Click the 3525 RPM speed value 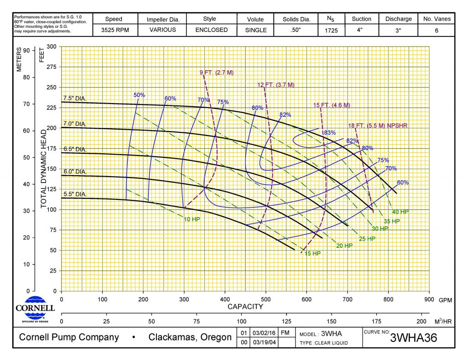tap(114, 30)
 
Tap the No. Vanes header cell tap(437, 19)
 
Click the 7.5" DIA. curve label tap(74, 98)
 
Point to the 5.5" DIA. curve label tap(74, 194)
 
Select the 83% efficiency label tap(329, 133)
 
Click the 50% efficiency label tap(139, 95)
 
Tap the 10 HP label tap(192, 219)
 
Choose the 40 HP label tap(401, 212)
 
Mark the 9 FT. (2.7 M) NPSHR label tap(217, 73)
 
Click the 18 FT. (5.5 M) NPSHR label tap(378, 125)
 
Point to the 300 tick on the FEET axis tap(52, 47)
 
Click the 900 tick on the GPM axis tap(429, 300)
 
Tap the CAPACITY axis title tap(245, 307)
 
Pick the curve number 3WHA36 tap(414, 339)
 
